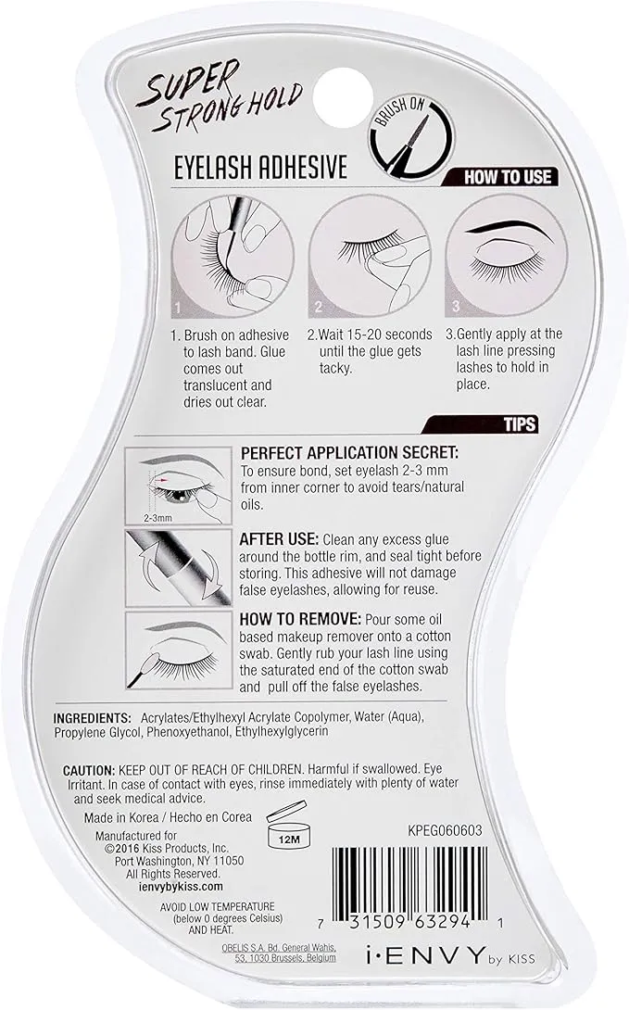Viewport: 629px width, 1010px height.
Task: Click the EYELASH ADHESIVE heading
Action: (x=260, y=168)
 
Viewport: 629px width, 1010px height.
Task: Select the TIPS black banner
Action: (x=480, y=424)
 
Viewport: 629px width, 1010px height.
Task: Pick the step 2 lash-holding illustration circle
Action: (x=370, y=256)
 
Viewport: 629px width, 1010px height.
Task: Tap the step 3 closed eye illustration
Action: (x=507, y=256)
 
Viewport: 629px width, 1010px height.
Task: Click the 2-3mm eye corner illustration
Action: (x=179, y=486)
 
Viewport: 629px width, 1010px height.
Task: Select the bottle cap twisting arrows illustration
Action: (x=179, y=567)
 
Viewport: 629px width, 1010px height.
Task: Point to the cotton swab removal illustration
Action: (x=179, y=650)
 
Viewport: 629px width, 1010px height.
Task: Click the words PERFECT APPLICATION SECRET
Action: (x=349, y=453)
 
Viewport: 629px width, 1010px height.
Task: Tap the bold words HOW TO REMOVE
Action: (x=300, y=619)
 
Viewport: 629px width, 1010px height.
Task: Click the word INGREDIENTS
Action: (x=92, y=717)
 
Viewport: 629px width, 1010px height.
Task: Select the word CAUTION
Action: (x=88, y=770)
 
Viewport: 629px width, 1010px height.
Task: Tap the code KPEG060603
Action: (x=445, y=830)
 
